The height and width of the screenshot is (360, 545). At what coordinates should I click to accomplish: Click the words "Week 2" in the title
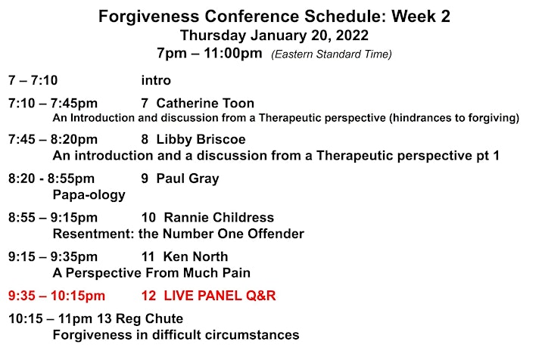[421, 17]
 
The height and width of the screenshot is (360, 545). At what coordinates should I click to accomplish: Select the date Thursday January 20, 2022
[274, 36]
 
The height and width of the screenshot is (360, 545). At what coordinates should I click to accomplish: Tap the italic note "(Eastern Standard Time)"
[332, 54]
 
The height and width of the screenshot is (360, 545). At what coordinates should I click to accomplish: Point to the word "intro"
[156, 80]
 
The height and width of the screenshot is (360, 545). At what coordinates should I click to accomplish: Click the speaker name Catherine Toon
[205, 103]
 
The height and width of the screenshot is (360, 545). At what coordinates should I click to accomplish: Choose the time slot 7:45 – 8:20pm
[53, 140]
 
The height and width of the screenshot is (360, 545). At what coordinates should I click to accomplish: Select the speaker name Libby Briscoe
[201, 139]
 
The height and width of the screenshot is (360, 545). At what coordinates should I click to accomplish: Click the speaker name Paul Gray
[188, 178]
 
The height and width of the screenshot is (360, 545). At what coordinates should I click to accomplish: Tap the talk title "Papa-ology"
[89, 195]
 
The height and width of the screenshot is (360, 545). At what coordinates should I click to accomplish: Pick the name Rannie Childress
[219, 217]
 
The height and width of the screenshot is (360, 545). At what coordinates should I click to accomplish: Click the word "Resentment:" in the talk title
[94, 234]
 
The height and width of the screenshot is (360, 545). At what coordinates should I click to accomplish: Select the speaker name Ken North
[196, 256]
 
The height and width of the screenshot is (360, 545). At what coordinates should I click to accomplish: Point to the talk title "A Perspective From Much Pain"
[151, 273]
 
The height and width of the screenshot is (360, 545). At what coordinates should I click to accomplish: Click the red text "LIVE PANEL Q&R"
[220, 296]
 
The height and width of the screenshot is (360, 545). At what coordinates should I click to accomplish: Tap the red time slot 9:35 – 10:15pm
[57, 296]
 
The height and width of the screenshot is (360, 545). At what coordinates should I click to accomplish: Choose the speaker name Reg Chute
[149, 318]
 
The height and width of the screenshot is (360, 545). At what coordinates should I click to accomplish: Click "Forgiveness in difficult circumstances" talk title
[176, 335]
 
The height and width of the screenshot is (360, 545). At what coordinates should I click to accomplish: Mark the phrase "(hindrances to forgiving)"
[454, 118]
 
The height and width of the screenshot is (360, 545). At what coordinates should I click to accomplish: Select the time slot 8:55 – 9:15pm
[53, 218]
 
